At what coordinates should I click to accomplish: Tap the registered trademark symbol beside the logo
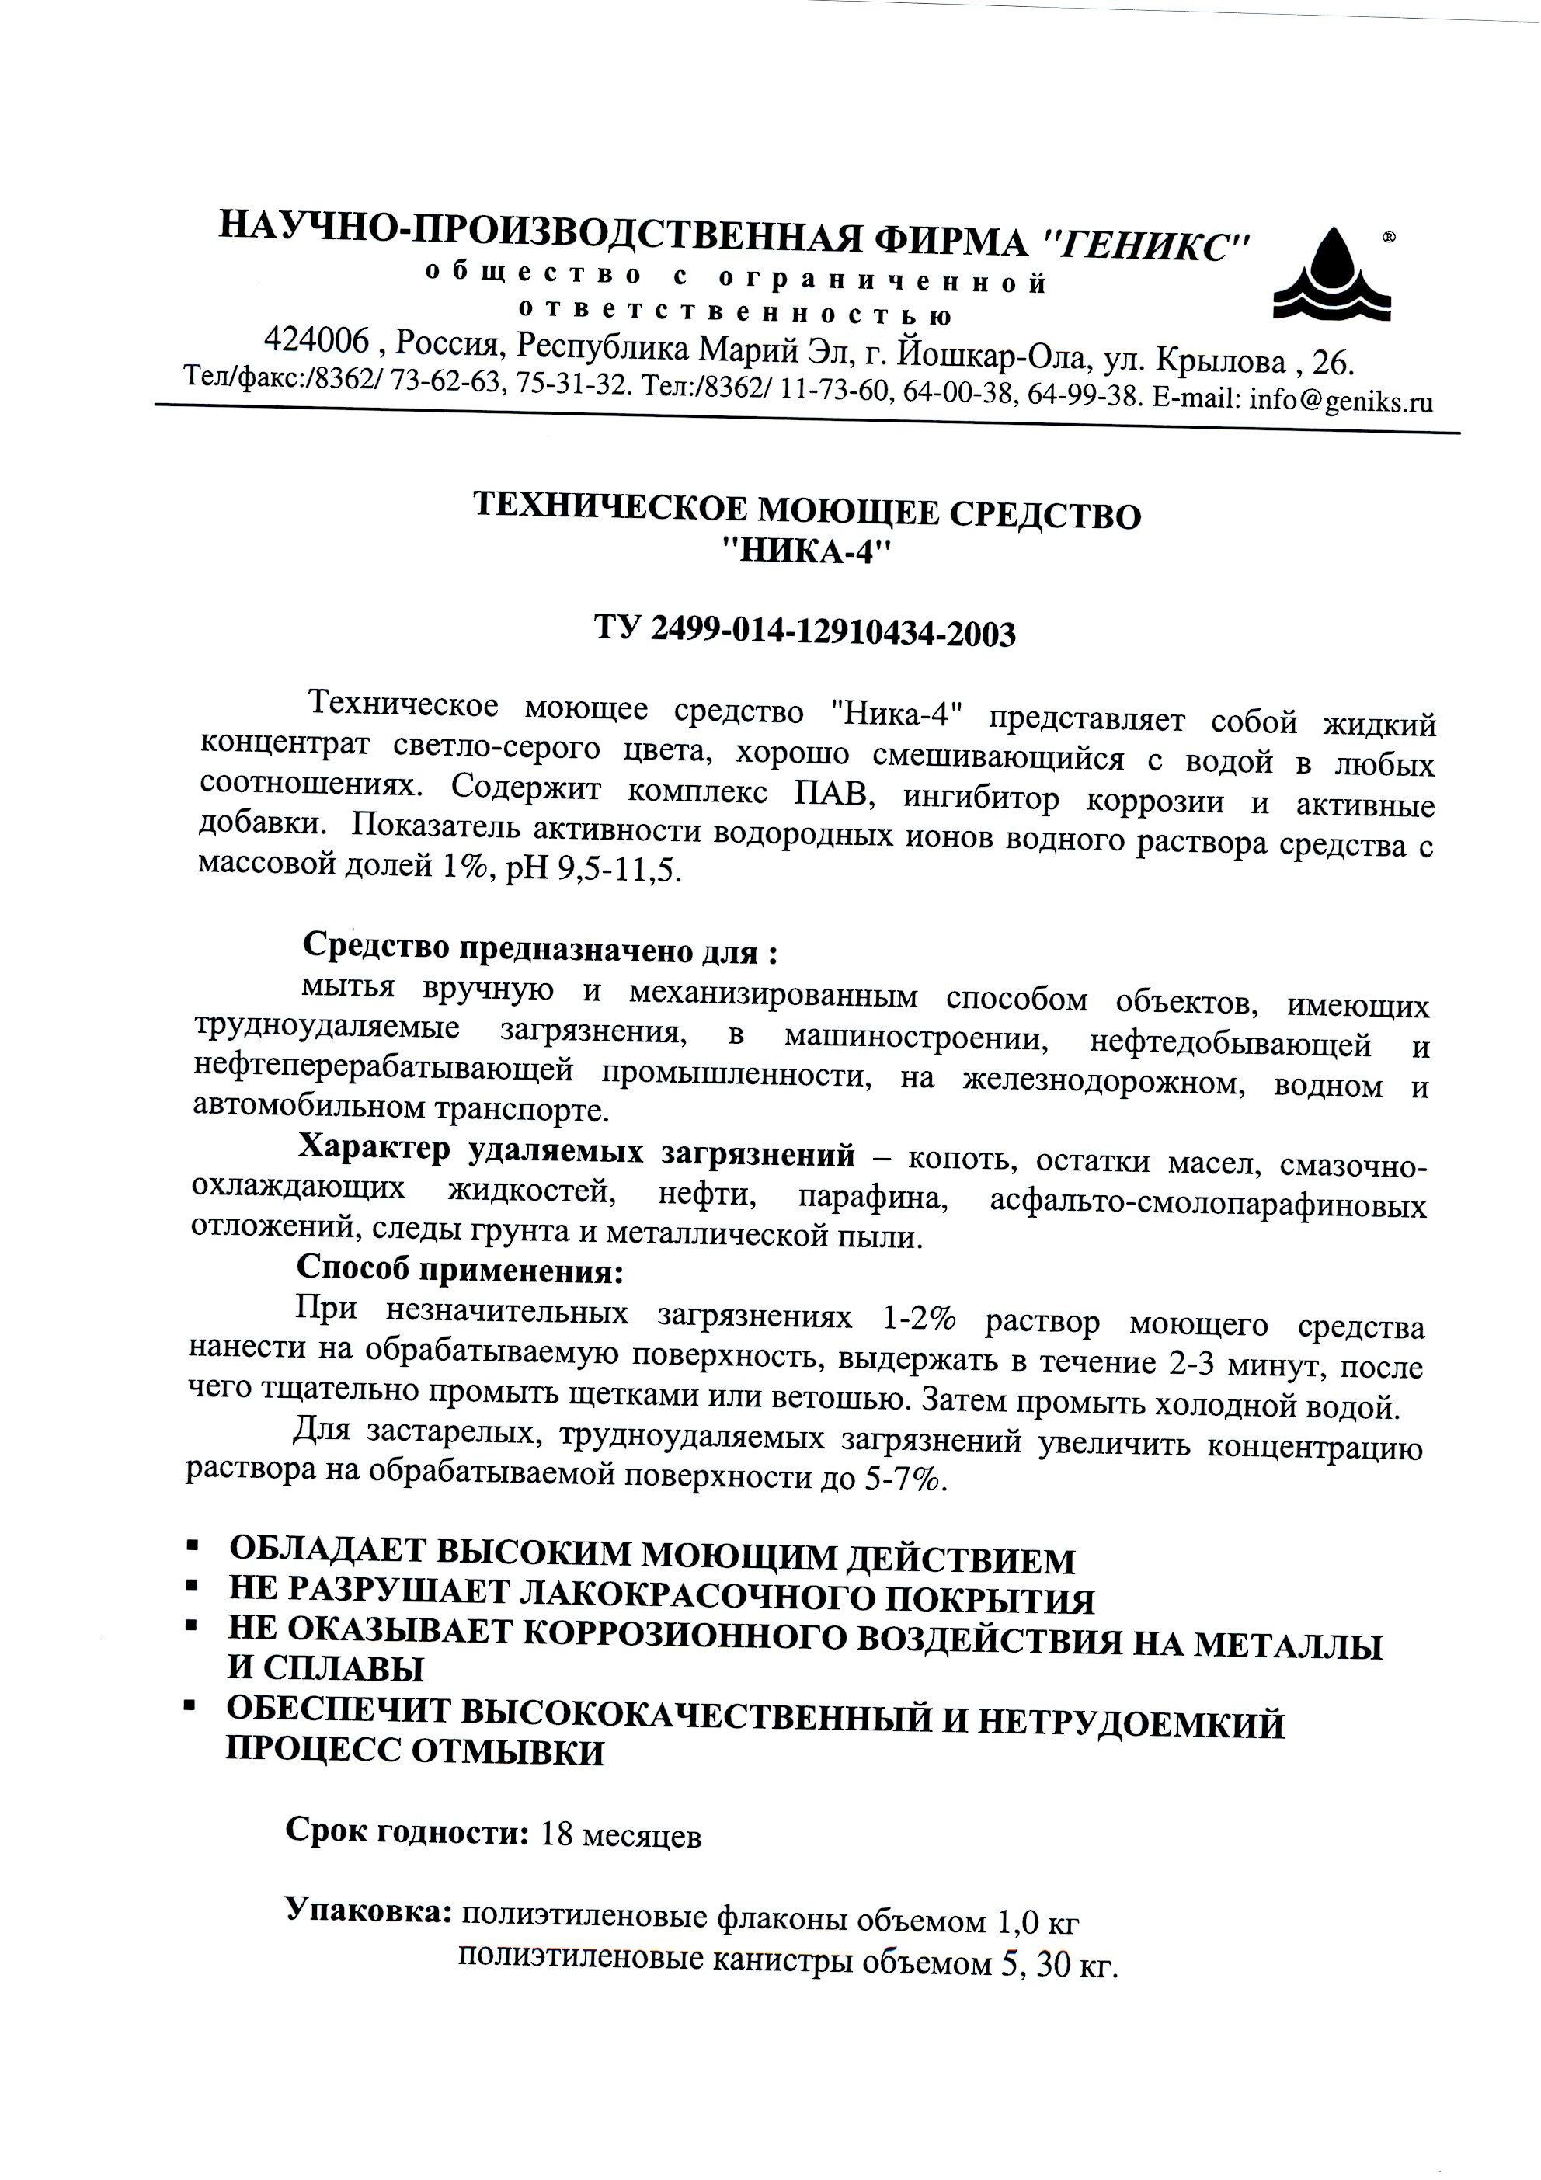1387,238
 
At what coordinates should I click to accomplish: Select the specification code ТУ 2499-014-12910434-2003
805,631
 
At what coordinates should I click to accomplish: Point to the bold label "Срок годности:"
407,1831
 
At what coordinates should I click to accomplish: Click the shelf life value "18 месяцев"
621,1835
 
